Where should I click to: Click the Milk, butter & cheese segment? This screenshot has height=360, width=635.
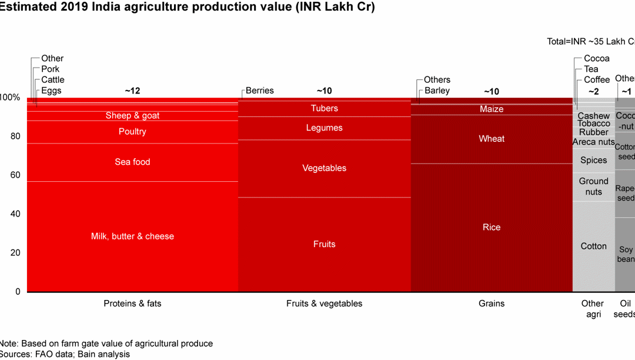132,236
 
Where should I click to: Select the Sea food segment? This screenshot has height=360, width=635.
132,162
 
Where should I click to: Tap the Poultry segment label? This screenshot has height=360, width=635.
132,132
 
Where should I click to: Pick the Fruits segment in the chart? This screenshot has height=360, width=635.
324,244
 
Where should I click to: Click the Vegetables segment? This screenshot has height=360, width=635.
324,168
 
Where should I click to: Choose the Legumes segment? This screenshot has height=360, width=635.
324,128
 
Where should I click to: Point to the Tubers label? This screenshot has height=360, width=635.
324,108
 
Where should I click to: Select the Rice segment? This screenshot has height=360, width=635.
492,227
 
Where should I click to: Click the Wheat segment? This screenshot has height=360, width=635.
492,139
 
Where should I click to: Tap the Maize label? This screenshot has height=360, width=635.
492,109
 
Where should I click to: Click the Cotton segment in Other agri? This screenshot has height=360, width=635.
593,246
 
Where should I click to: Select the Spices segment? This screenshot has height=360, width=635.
593,160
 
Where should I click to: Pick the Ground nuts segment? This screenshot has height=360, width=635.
593,186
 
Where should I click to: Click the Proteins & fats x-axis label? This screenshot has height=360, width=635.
132,304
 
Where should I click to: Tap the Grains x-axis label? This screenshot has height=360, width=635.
492,304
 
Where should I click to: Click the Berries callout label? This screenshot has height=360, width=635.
260,91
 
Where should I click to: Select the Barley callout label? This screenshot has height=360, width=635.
437,91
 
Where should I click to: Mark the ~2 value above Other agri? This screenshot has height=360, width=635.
593,91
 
